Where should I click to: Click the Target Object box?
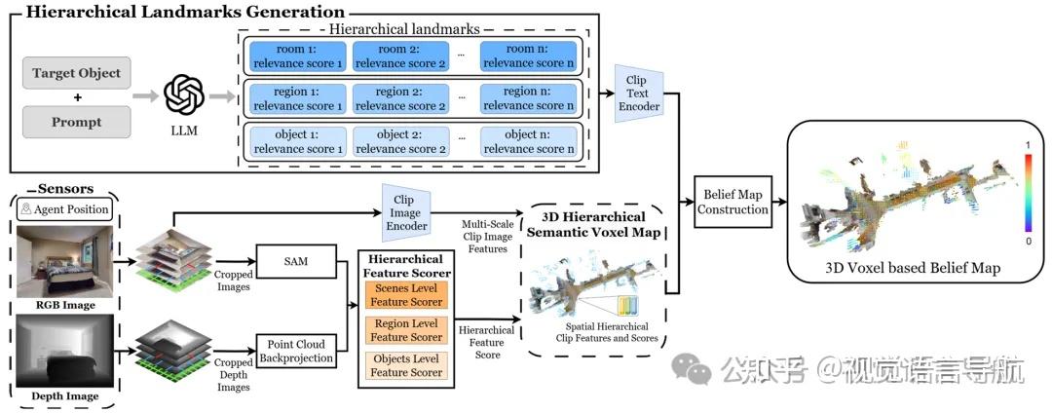click(x=77, y=72)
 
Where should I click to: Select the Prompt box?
click(x=77, y=122)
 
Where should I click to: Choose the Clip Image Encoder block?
click(x=405, y=212)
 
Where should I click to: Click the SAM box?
click(x=296, y=260)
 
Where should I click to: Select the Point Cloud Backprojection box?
click(x=296, y=350)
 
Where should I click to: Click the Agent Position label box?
click(x=64, y=209)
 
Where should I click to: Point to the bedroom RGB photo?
click(x=64, y=261)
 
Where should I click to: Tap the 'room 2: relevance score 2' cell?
click(x=400, y=56)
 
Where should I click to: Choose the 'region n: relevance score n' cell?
click(x=528, y=98)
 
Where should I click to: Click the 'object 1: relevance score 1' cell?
click(x=298, y=141)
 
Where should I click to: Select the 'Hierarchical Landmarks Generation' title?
click(x=185, y=12)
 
